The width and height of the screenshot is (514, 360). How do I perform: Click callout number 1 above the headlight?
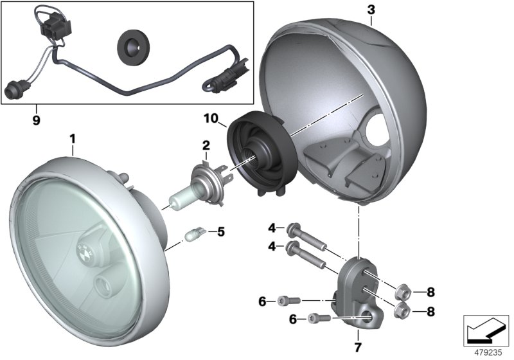(x=73, y=138)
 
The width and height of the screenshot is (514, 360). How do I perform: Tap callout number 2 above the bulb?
(x=206, y=145)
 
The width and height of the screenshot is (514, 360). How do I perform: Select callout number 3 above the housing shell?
(x=371, y=10)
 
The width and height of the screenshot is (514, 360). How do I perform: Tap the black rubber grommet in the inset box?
(x=134, y=48)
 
